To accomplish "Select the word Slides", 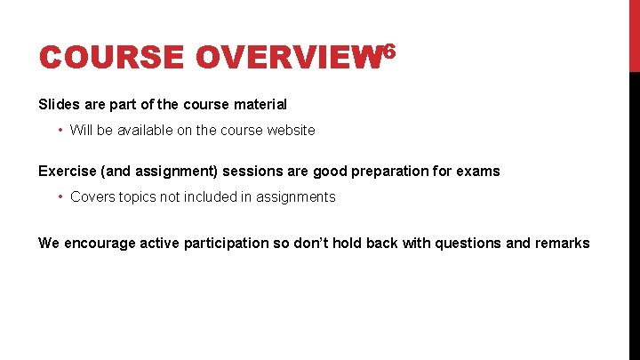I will [x=58, y=105].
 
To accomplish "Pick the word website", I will [x=287, y=130].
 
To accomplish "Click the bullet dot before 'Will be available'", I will [x=59, y=130].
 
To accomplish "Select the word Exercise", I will [x=68, y=171].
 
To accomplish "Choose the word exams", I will [x=478, y=171].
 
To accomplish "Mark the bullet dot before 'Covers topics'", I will [x=59, y=196].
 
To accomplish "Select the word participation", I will [x=225, y=243].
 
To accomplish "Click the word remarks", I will [x=561, y=243].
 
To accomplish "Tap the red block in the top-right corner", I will [x=634, y=36].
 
